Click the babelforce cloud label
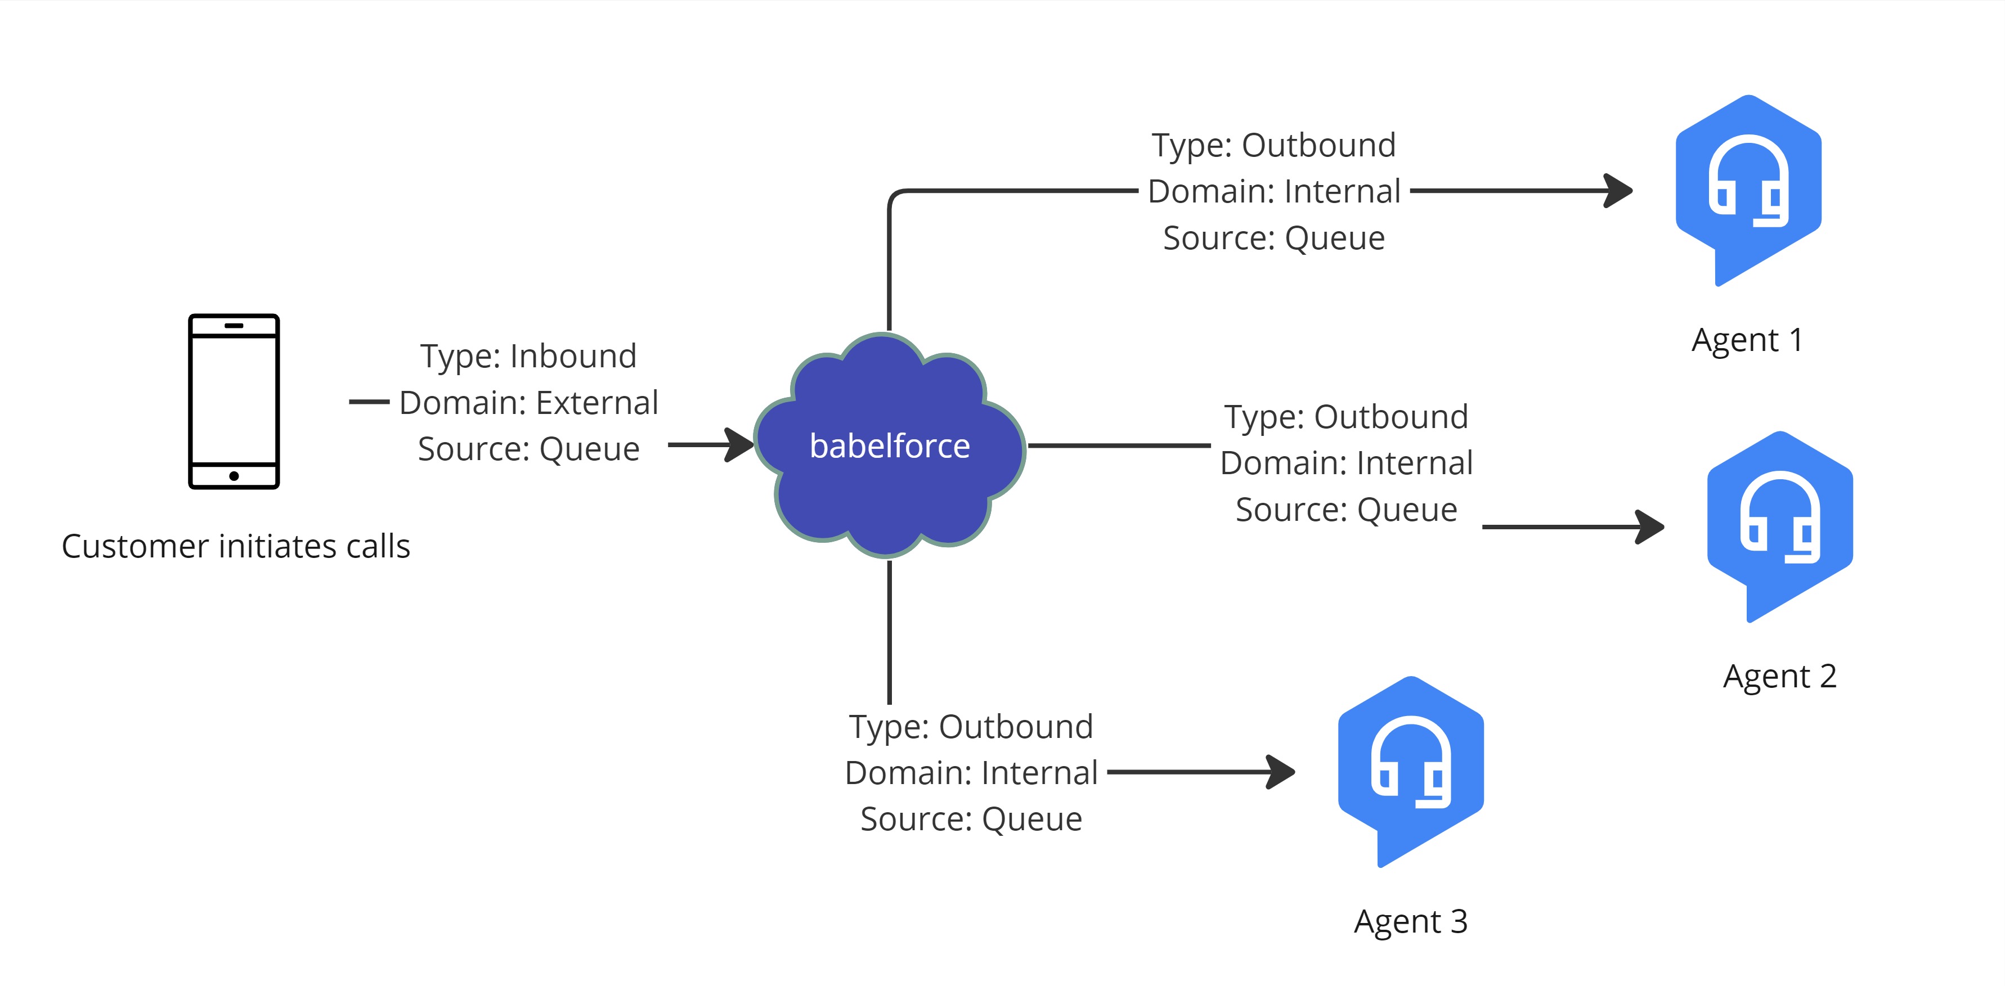click(890, 446)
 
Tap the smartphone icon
click(234, 402)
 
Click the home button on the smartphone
click(234, 475)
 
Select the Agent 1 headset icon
click(1748, 191)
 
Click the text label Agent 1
click(1747, 340)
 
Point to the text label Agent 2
click(1780, 676)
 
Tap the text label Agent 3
click(1411, 921)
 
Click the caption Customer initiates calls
click(236, 546)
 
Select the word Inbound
click(573, 357)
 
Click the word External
click(597, 403)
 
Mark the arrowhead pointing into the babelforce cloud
click(739, 445)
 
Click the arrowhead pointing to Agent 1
click(1618, 191)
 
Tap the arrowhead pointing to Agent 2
click(1649, 527)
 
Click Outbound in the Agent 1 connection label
click(1318, 146)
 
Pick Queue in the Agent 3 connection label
click(1032, 820)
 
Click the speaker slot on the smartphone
click(234, 325)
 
